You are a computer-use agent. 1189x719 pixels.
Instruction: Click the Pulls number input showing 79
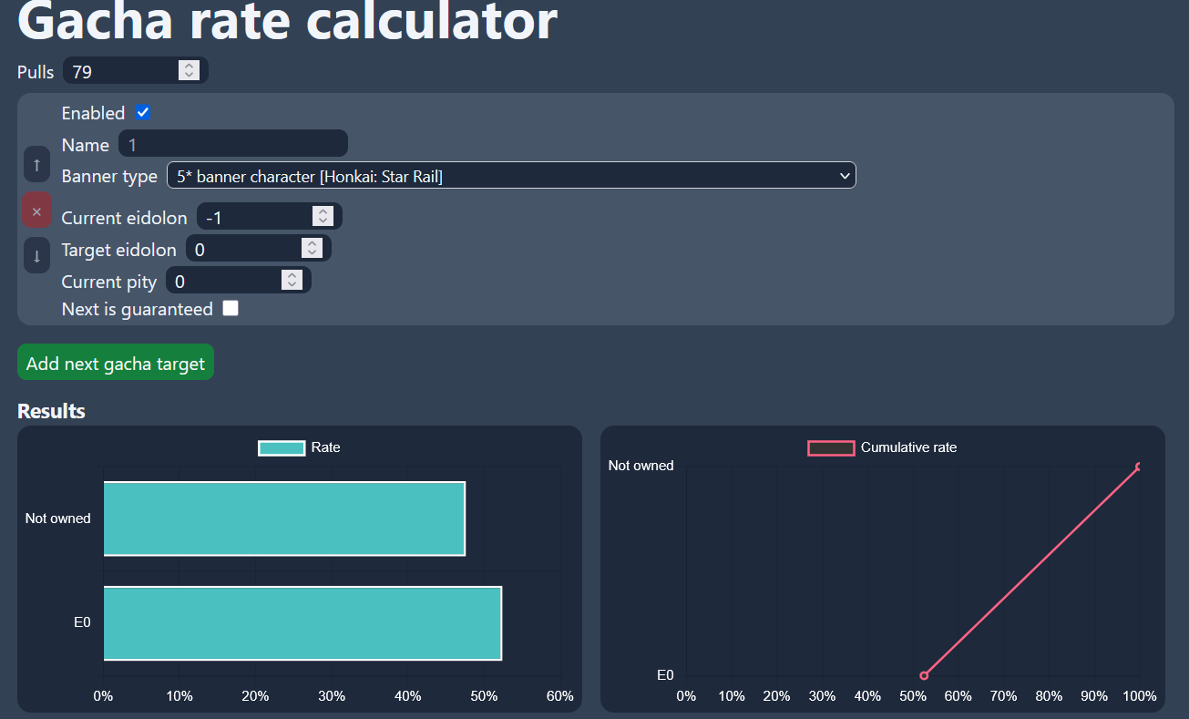[x=123, y=71]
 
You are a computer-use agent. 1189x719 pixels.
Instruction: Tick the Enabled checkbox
[x=142, y=113]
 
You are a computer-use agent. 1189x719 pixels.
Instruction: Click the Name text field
[x=232, y=144]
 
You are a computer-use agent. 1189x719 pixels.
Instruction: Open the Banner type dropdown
[x=511, y=176]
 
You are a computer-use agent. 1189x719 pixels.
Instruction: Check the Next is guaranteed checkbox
[x=231, y=309]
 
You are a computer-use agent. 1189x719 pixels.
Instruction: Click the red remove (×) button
[x=36, y=211]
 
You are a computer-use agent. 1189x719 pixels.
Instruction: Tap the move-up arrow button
[x=36, y=165]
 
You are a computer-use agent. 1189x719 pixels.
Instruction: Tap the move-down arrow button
[x=36, y=255]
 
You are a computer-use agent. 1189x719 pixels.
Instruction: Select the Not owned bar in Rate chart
[x=283, y=519]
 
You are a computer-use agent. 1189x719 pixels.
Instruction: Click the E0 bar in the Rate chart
[x=302, y=623]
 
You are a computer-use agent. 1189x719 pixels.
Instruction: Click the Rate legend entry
[x=299, y=447]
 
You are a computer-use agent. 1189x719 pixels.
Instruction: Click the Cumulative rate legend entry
[x=882, y=447]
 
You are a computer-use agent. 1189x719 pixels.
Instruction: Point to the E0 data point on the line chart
[x=924, y=675]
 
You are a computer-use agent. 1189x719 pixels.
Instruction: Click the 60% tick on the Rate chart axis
[x=559, y=696]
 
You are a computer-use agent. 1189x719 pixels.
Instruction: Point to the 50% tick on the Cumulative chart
[x=913, y=696]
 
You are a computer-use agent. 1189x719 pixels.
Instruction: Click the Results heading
[x=51, y=411]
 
